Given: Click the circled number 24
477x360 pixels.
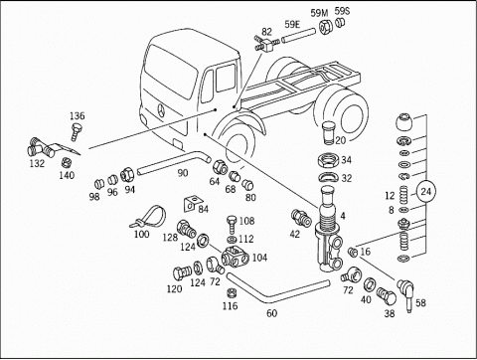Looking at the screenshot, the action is click(426, 192).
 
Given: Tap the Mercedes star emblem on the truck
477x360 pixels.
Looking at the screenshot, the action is click(161, 110).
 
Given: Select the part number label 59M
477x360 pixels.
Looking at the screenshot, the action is click(319, 13).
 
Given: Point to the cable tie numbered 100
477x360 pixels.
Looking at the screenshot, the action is click(148, 217).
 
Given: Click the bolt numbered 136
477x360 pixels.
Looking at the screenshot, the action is click(77, 132).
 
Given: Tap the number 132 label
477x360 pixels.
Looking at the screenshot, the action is click(37, 163).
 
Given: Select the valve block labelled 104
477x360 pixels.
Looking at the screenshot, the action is click(236, 258).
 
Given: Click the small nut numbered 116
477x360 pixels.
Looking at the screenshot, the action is click(232, 293).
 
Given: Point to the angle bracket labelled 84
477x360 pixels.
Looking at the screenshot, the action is click(191, 204).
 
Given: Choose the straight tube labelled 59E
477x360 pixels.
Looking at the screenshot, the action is click(298, 36).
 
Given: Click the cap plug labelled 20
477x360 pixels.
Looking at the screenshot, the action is click(329, 132).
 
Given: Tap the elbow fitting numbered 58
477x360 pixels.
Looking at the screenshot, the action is click(406, 290).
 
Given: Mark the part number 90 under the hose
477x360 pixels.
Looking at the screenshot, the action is click(183, 173).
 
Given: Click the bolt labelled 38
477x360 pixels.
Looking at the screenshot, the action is click(387, 296).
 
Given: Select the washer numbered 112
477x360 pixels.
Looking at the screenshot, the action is click(231, 239).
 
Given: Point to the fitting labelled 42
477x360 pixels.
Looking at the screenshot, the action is click(301, 218).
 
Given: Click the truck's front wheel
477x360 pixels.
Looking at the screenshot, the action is click(237, 143).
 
